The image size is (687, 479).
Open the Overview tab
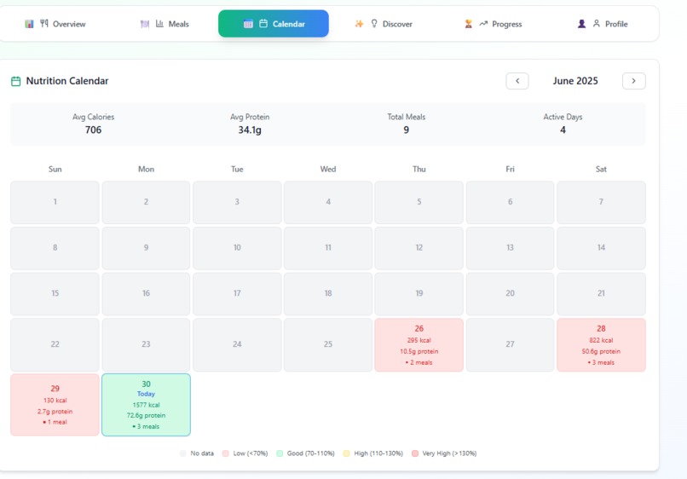[x=55, y=24]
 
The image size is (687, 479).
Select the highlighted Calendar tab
[x=274, y=24]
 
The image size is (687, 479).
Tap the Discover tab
[x=384, y=24]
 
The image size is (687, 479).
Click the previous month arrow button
[x=517, y=81]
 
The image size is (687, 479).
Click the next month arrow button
[x=633, y=81]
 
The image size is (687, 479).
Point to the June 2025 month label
[x=575, y=81]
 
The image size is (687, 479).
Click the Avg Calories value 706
[x=94, y=130]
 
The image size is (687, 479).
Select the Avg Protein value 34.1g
[x=250, y=130]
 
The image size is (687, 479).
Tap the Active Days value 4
[x=563, y=130]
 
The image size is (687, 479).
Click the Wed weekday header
[x=328, y=169]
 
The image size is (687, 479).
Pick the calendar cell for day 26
[x=419, y=345]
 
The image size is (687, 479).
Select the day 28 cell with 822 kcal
[x=601, y=345]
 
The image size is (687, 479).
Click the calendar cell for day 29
[x=55, y=405]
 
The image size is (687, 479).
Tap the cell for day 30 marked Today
[x=146, y=405]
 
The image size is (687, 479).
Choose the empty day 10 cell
[x=237, y=248]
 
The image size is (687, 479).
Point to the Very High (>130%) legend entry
[x=444, y=453]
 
